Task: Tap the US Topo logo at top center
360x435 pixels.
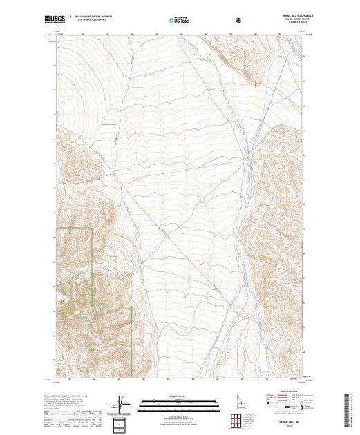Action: click(x=180, y=19)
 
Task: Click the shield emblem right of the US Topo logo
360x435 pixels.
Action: click(x=238, y=19)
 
